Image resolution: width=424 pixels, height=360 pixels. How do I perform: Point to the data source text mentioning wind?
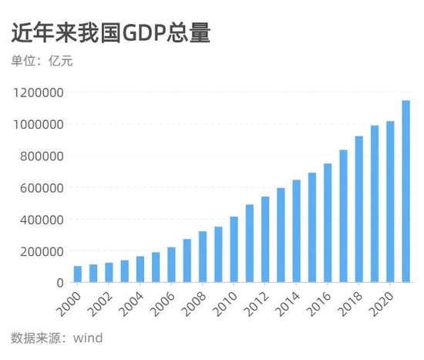pos(57,338)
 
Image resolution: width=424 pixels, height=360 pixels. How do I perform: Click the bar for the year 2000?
pos(78,274)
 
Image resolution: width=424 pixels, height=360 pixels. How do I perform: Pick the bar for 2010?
pos(234,250)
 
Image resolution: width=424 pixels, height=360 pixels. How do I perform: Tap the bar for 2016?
pos(328,223)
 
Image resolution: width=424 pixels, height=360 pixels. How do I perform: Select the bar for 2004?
pos(140,269)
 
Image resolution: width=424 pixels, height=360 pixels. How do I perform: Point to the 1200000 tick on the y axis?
pos(38,93)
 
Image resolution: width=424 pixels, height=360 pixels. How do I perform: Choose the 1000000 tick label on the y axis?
pos(38,124)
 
